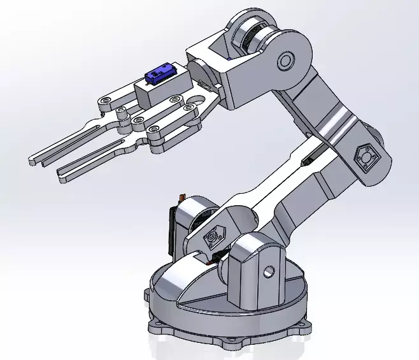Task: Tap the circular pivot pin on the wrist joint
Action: (285, 61)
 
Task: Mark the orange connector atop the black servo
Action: (182, 199)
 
